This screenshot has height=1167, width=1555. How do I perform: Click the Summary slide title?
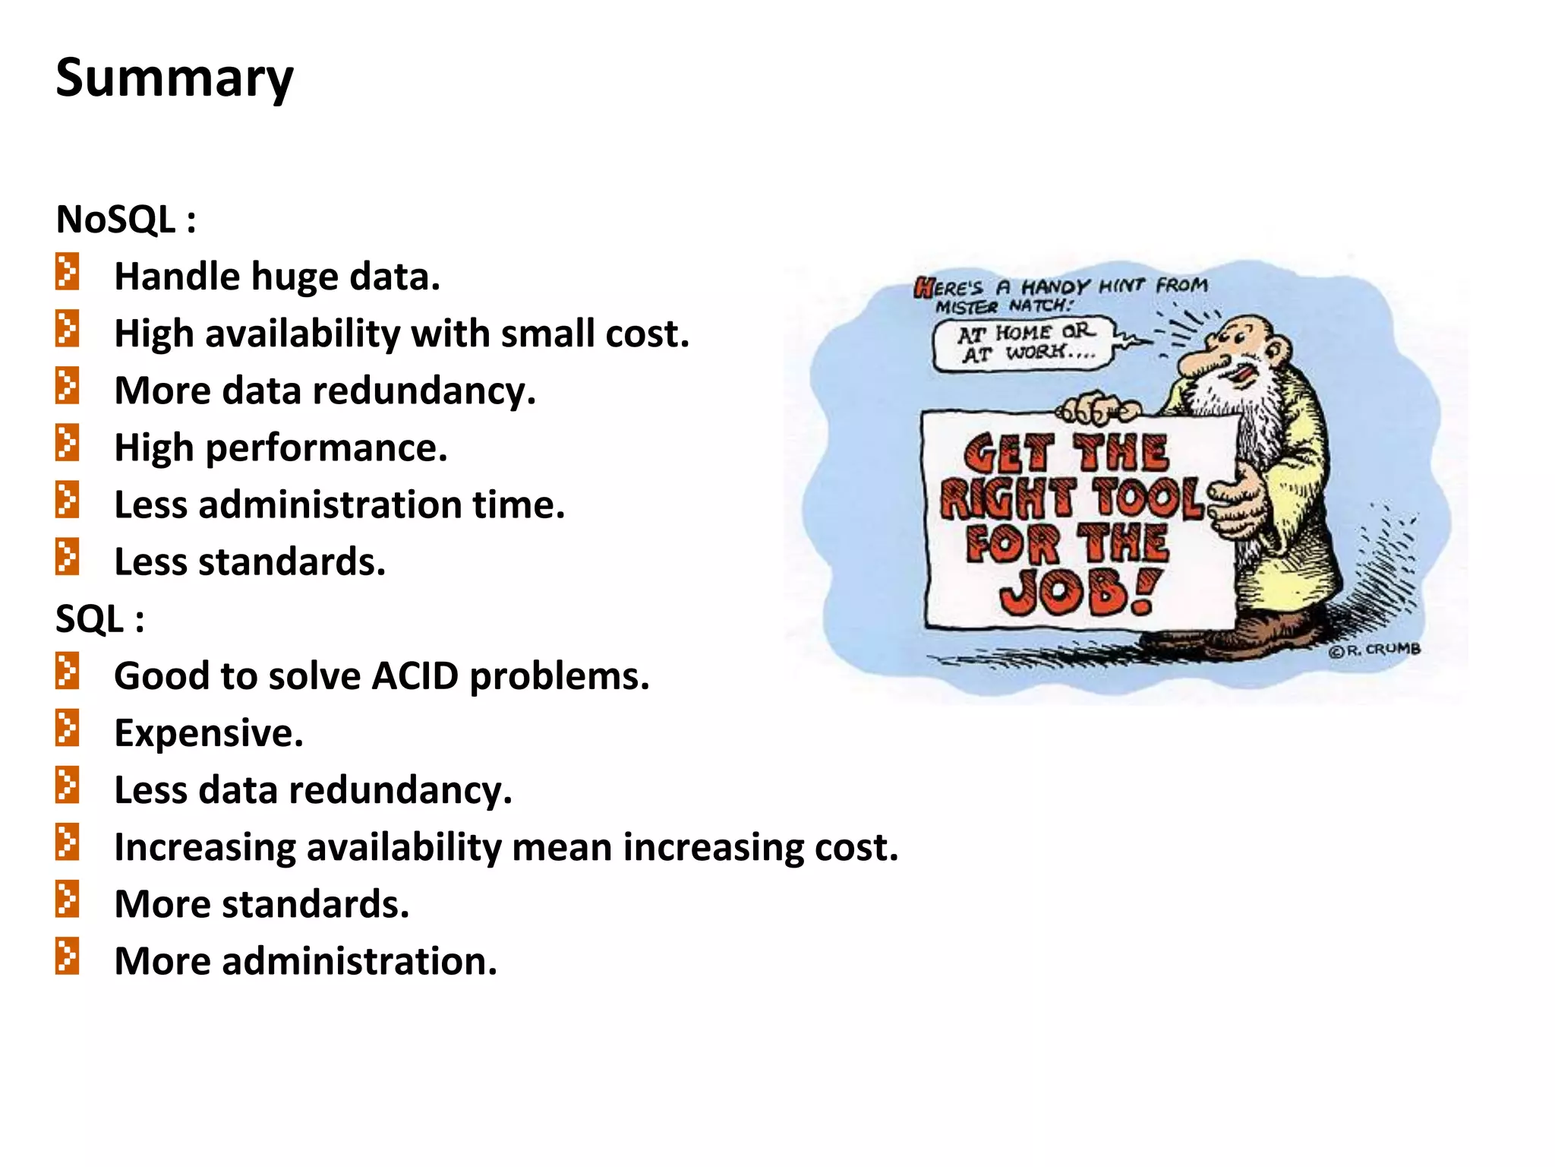click(175, 78)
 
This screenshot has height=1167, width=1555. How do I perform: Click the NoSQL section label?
click(125, 220)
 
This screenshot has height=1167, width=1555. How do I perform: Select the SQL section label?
click(99, 619)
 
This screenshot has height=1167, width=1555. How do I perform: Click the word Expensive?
click(208, 733)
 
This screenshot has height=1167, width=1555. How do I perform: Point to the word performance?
click(326, 448)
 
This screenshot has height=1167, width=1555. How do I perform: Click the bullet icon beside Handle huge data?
click(67, 272)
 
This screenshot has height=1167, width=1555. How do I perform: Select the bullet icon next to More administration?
click(67, 957)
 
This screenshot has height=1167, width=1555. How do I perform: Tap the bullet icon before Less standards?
click(67, 557)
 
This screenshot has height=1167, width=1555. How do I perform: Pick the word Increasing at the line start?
click(204, 847)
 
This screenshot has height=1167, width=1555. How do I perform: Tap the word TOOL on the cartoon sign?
click(1148, 499)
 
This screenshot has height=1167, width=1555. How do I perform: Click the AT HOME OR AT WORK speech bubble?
click(1025, 344)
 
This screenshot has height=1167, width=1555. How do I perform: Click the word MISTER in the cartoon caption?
click(966, 307)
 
